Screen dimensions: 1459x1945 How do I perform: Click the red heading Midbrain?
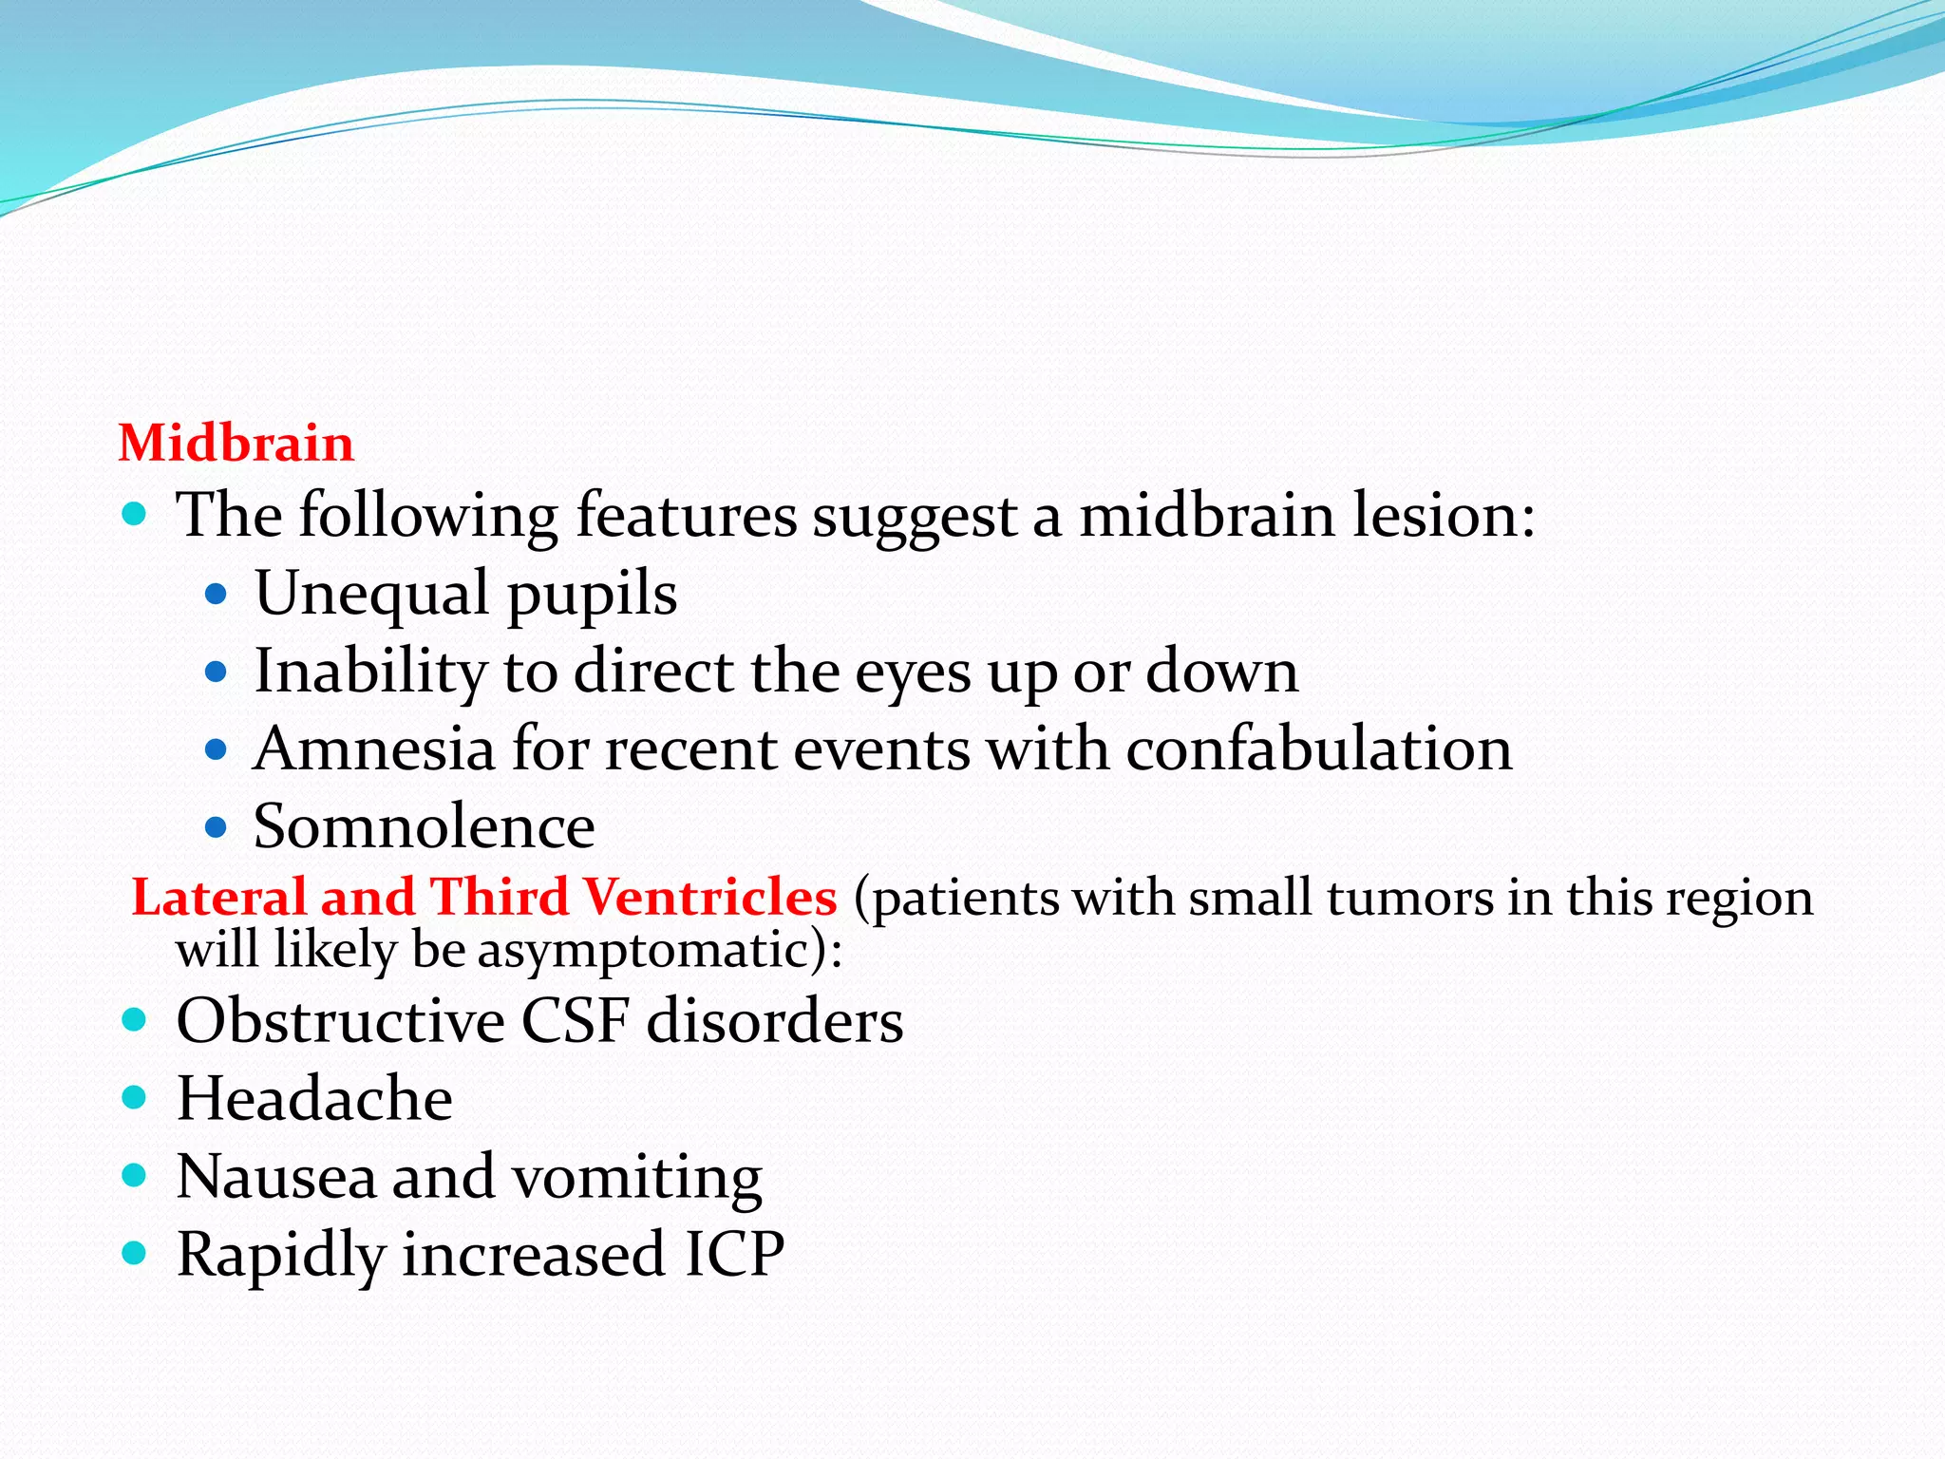click(x=236, y=444)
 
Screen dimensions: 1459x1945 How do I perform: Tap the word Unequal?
click(x=371, y=594)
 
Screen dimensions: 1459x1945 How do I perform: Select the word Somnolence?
click(x=424, y=826)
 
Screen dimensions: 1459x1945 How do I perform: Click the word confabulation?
click(x=1318, y=748)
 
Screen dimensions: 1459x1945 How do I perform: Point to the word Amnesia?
click(x=373, y=748)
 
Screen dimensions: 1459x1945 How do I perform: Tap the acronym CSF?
click(x=575, y=1021)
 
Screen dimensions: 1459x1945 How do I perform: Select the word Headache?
click(x=314, y=1099)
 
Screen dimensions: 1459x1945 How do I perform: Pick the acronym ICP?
click(x=734, y=1254)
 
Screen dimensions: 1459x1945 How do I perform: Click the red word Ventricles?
click(x=709, y=898)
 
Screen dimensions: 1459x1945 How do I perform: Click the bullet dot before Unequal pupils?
click(x=217, y=596)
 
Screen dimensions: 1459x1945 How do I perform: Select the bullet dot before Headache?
click(x=135, y=1099)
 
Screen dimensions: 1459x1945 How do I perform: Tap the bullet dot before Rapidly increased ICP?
click(x=135, y=1254)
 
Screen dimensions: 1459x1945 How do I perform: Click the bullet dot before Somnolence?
click(x=217, y=827)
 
